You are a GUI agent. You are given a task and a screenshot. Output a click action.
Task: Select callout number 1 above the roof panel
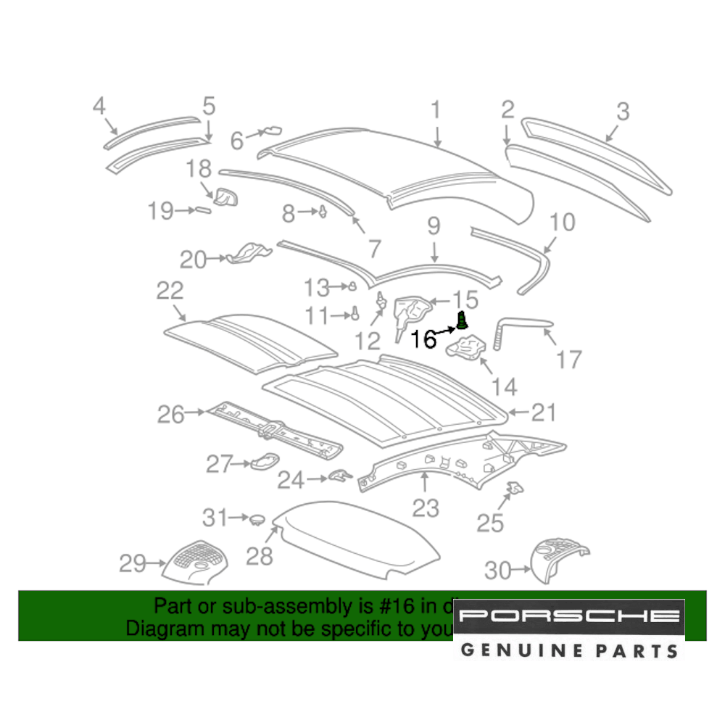click(436, 110)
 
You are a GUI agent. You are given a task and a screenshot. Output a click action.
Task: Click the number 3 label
click(623, 112)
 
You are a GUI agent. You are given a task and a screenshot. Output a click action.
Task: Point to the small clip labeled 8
click(321, 212)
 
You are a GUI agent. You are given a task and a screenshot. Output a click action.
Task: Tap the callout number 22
click(170, 291)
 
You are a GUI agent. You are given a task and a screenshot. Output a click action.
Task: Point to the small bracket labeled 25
click(515, 488)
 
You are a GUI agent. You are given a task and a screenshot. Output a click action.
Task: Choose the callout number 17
click(569, 359)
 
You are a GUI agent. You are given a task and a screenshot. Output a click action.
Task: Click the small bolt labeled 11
click(355, 314)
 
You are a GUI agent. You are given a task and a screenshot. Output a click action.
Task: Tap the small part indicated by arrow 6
click(273, 130)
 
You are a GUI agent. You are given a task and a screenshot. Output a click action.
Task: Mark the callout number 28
click(259, 556)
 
